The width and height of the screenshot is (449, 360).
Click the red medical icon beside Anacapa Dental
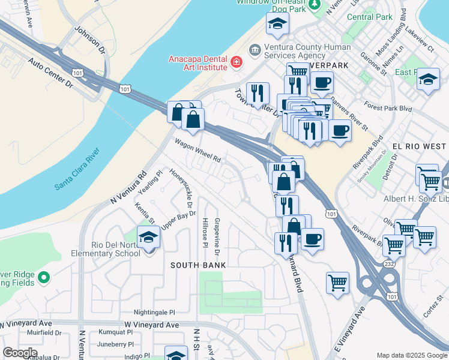(x=237, y=62)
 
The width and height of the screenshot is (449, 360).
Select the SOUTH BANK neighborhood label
(x=198, y=265)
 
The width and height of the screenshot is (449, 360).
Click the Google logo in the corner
(x=20, y=352)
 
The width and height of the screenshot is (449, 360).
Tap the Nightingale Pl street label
(x=154, y=313)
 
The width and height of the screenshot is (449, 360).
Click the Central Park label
(x=369, y=17)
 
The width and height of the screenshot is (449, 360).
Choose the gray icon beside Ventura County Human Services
(x=255, y=49)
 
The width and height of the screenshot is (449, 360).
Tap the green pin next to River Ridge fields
(x=43, y=277)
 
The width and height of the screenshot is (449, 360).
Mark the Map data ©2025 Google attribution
(x=411, y=355)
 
